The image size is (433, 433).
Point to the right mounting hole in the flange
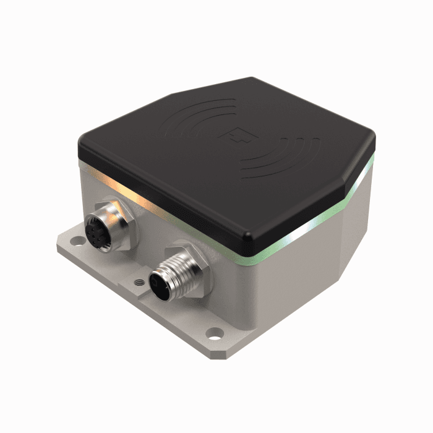(215, 335)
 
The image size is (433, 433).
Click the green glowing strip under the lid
(309, 232)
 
